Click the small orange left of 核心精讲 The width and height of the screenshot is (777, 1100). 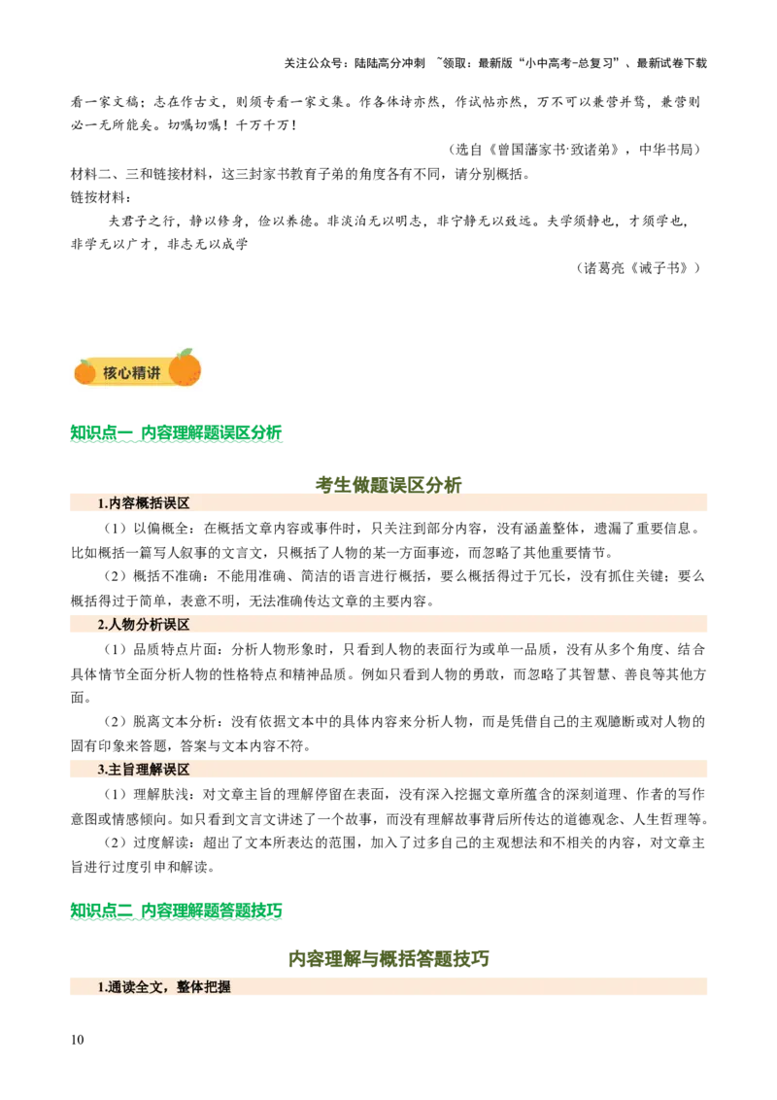point(85,371)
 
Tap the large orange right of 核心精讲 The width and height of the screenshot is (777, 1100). point(185,369)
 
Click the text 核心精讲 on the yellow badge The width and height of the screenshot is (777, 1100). point(132,373)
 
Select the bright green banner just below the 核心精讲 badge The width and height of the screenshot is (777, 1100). point(178,431)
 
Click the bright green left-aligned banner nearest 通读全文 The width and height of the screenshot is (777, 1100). point(177,911)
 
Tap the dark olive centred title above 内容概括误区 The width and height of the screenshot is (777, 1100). point(389,483)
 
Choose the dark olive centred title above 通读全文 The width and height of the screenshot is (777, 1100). point(388,959)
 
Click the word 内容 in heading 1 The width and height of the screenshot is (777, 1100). point(121,503)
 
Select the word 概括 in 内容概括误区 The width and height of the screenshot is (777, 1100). point(149,503)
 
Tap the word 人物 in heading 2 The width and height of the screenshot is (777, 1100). point(121,625)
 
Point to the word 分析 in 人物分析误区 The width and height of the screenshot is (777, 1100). point(149,625)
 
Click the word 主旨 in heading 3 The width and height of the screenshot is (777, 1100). point(121,770)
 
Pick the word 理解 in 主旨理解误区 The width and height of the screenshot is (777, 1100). point(149,770)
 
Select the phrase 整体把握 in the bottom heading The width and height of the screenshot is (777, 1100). point(204,987)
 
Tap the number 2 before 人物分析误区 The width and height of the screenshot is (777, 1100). point(101,625)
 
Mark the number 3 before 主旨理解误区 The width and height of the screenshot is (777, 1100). point(101,770)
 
